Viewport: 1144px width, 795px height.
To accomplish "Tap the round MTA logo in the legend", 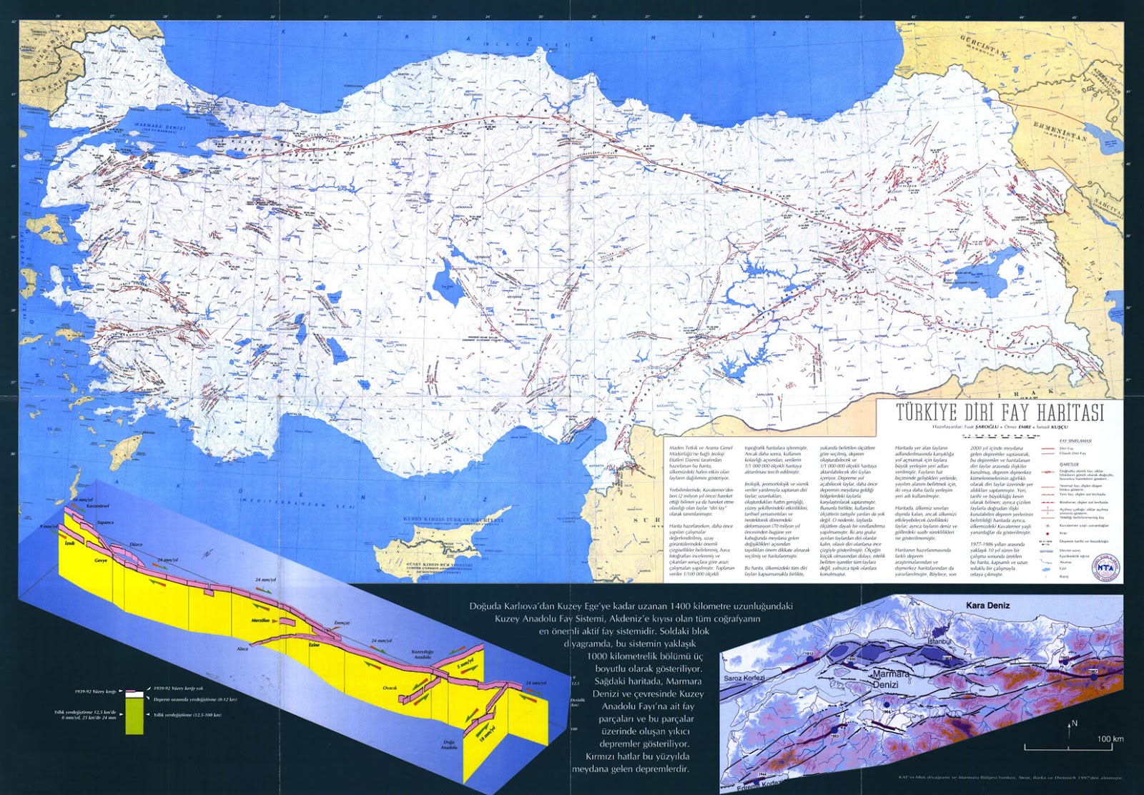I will pos(1103,566).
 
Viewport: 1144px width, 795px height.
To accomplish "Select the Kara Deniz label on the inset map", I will pos(987,605).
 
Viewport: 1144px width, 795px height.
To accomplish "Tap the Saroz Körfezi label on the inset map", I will pos(744,677).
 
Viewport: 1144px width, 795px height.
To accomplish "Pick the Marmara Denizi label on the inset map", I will pos(889,679).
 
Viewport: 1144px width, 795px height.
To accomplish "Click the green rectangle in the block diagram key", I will pos(134,723).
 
